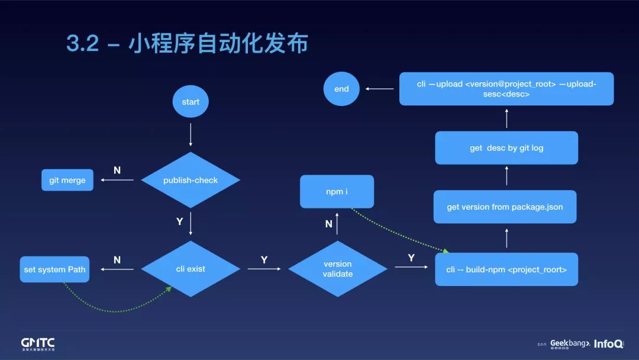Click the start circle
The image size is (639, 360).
pyautogui.click(x=191, y=102)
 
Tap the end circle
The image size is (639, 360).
pyautogui.click(x=341, y=89)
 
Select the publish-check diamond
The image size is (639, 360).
pyautogui.click(x=191, y=180)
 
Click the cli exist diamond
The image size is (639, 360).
pyautogui.click(x=191, y=269)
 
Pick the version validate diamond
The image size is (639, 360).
pyautogui.click(x=337, y=269)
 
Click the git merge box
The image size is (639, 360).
pyautogui.click(x=67, y=180)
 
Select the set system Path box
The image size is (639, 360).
pyautogui.click(x=54, y=269)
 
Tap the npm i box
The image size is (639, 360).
pyautogui.click(x=337, y=192)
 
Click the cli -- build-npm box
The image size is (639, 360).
pyautogui.click(x=506, y=269)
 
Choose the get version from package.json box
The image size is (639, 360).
pyautogui.click(x=505, y=207)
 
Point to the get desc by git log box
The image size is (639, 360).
pyautogui.click(x=506, y=148)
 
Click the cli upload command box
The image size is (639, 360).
pyautogui.click(x=506, y=89)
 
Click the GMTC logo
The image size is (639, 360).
pyautogui.click(x=38, y=344)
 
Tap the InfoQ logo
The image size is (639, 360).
pyautogui.click(x=609, y=343)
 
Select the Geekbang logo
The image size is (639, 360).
pyautogui.click(x=570, y=343)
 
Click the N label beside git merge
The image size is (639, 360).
pyautogui.click(x=117, y=171)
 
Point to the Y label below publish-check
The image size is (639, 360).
pyautogui.click(x=180, y=221)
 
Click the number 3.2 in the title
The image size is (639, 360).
pyautogui.click(x=82, y=44)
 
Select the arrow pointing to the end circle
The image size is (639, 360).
pyautogui.click(x=379, y=89)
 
